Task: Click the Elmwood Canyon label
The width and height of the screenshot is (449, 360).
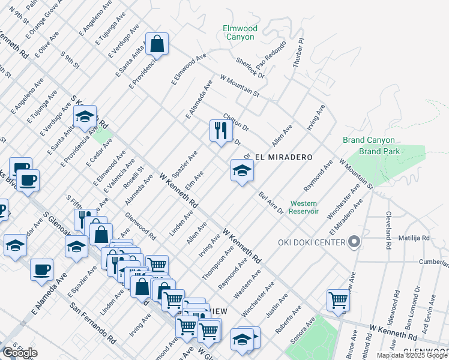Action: [240, 32]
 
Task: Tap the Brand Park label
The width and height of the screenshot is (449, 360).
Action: [380, 152]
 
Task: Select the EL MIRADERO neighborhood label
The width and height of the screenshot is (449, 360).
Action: [284, 157]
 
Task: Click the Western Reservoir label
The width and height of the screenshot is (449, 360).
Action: [304, 207]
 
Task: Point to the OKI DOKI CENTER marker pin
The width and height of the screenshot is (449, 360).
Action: [354, 242]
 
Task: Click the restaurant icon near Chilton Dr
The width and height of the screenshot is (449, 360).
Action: [220, 130]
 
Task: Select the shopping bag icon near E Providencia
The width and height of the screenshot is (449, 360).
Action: [157, 43]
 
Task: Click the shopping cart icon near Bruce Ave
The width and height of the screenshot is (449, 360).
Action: [338, 300]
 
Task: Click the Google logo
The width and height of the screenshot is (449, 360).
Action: [20, 353]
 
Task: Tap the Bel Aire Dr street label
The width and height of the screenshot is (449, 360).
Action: [271, 203]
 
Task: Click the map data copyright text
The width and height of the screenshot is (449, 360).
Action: [412, 355]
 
